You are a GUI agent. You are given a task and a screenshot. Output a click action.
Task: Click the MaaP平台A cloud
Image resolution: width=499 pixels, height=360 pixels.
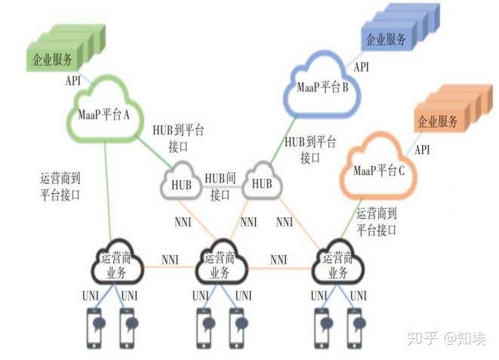pos(106,114)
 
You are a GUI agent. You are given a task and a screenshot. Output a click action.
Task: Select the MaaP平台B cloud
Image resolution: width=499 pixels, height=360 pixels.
pos(322,88)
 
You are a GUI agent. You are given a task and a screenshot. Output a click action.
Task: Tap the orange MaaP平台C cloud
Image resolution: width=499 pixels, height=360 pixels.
pos(379,171)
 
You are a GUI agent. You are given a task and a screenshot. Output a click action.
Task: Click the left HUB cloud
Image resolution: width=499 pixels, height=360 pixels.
pos(181,183)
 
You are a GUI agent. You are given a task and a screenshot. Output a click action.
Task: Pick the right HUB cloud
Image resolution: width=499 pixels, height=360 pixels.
pos(261,183)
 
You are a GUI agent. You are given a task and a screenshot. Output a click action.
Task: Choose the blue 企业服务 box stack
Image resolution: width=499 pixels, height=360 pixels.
pos(400,30)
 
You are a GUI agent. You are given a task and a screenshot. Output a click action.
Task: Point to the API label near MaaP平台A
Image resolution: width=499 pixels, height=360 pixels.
pos(73,80)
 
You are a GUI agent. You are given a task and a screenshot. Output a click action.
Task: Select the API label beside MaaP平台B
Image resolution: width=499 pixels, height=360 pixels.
pos(362,67)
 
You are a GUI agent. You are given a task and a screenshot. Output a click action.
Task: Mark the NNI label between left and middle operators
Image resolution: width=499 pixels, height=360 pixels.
pos(170,260)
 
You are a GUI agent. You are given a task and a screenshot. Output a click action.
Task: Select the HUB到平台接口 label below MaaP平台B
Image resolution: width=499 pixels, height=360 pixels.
pos(310,149)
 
